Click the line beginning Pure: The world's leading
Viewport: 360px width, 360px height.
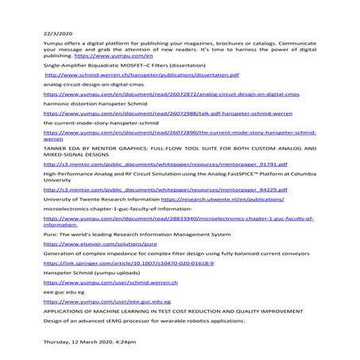click(x=137, y=234)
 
